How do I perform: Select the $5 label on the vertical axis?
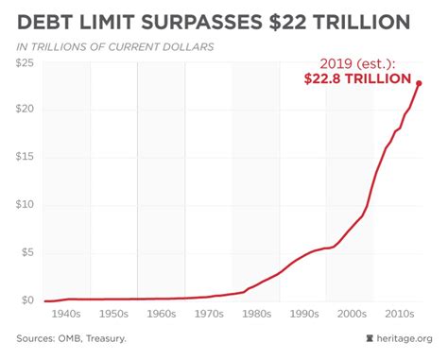point(26,252)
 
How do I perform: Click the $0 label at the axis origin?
point(26,300)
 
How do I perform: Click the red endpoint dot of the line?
point(420,83)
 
